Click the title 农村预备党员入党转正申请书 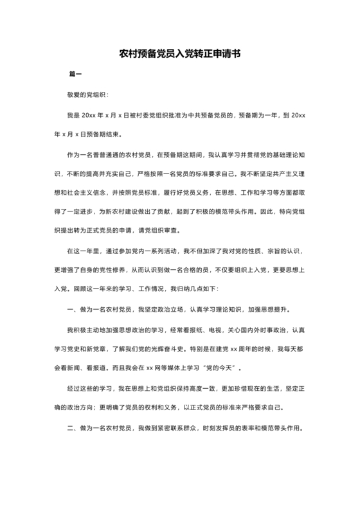click(179, 55)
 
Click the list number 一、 click(71, 310)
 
